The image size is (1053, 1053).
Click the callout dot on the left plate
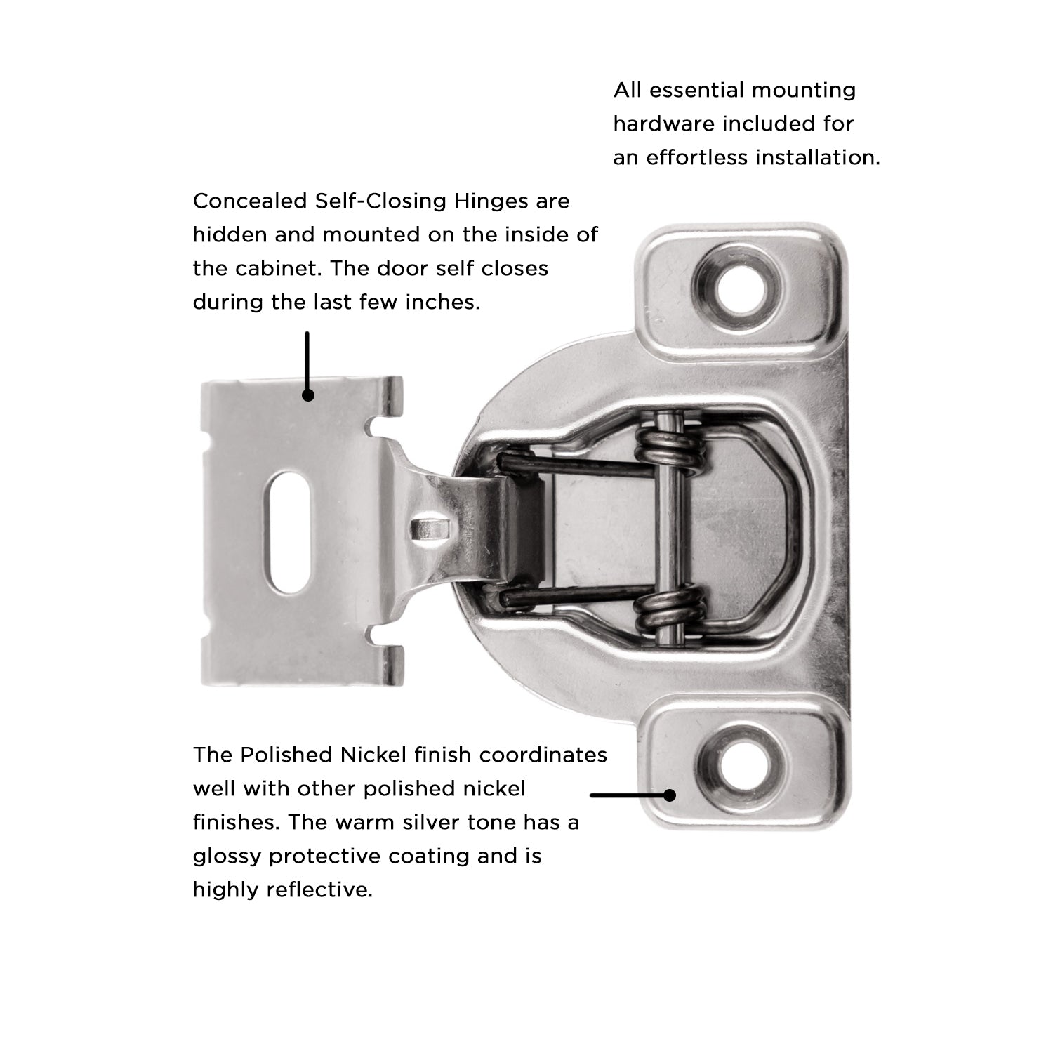(307, 395)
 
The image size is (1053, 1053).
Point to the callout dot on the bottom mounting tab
(670, 795)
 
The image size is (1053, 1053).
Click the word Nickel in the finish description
(373, 755)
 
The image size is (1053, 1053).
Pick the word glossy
(226, 856)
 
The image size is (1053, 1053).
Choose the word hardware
(663, 124)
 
